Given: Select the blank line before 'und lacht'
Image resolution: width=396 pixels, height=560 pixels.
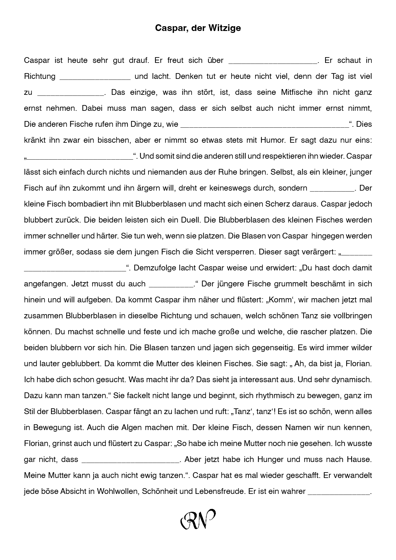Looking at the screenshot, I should [x=95, y=79].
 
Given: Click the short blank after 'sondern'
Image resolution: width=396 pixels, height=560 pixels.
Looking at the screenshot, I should [x=332, y=190].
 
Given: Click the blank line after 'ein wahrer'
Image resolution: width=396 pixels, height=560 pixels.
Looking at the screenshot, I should [x=339, y=494].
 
